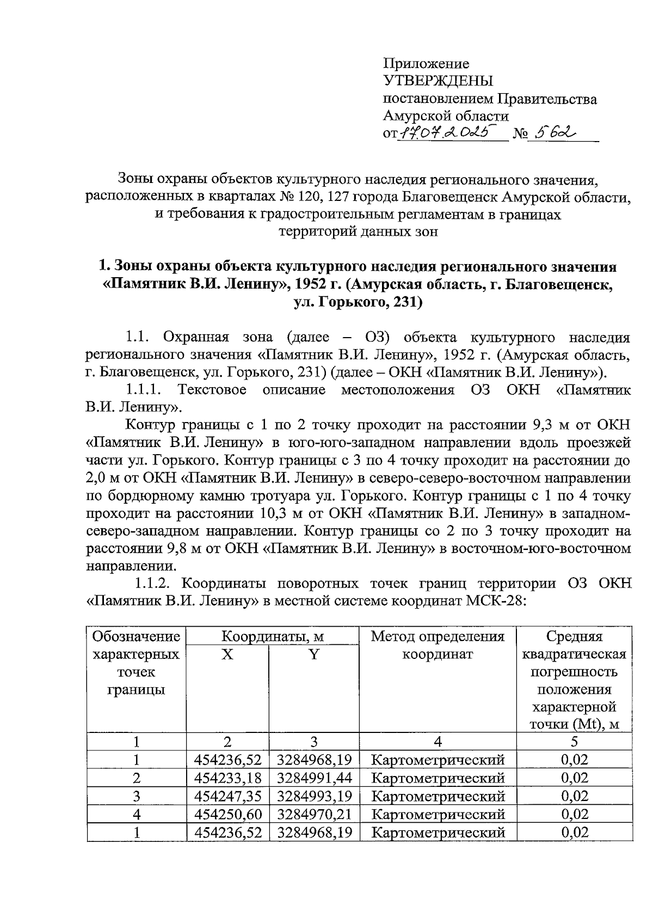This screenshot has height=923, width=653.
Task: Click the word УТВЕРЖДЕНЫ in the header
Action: click(x=438, y=82)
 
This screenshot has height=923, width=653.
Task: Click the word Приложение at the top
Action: click(x=426, y=64)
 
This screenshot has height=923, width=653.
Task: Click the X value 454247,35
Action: click(x=227, y=796)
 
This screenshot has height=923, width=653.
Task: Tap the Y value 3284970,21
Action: click(x=314, y=814)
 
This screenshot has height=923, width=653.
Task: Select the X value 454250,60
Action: click(x=227, y=814)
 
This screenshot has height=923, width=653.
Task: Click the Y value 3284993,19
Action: click(x=314, y=796)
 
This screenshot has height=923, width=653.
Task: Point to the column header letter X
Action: click(x=227, y=654)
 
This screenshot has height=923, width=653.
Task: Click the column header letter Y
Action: click(x=314, y=654)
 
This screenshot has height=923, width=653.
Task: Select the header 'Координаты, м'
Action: click(x=272, y=636)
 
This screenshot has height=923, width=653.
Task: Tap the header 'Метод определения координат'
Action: click(x=438, y=645)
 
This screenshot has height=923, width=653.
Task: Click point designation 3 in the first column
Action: click(x=136, y=796)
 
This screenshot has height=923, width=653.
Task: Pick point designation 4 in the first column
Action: click(x=136, y=814)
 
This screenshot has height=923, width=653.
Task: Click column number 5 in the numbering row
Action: click(x=574, y=742)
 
